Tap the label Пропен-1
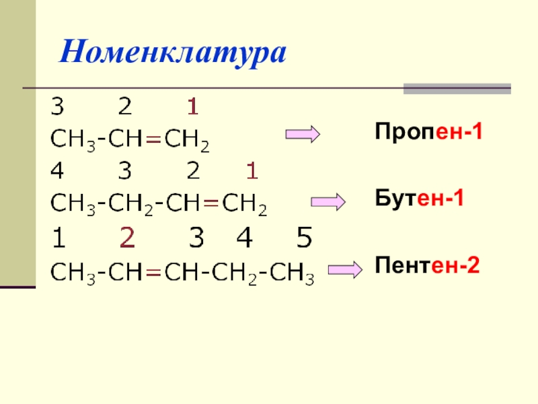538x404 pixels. click(429, 131)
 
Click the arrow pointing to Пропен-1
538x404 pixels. click(303, 135)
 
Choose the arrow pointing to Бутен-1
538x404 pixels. click(328, 201)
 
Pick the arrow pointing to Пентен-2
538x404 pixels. click(345, 270)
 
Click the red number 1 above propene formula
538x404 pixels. click(192, 107)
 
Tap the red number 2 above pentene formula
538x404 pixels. click(127, 238)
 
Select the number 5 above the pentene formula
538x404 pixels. click(304, 238)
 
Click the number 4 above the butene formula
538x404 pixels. click(57, 172)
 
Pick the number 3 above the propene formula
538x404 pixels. click(57, 107)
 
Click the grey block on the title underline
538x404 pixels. click(457, 89)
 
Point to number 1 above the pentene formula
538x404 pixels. click(58, 238)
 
